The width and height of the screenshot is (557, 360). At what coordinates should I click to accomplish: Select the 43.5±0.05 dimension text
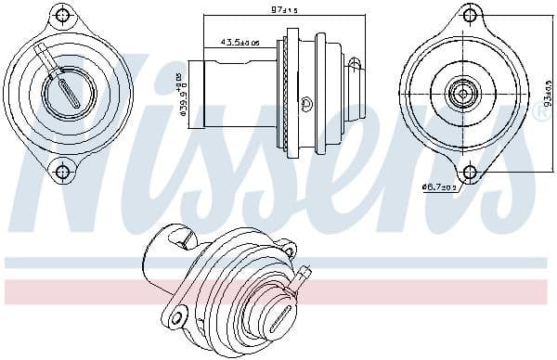[x=240, y=43]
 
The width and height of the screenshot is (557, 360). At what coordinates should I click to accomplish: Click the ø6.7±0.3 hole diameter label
[x=439, y=187]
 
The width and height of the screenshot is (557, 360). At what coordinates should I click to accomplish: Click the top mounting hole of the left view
[x=63, y=17]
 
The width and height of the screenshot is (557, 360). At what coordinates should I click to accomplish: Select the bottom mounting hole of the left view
[x=63, y=170]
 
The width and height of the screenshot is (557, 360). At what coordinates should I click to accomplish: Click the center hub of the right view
[x=462, y=93]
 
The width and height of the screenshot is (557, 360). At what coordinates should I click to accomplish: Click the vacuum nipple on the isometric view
[x=304, y=274]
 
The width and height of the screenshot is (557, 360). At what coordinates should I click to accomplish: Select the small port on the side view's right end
[x=356, y=62]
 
